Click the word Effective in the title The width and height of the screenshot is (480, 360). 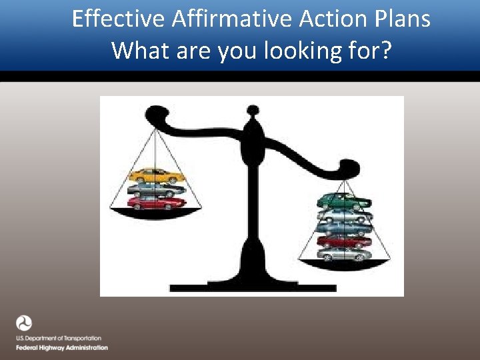(118, 19)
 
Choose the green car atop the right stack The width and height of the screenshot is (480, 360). (344, 200)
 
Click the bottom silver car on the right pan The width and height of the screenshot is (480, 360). (343, 254)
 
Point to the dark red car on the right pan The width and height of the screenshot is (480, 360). (343, 241)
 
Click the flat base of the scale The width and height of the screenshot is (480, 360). (252, 287)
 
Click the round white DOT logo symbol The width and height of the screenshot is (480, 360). (25, 324)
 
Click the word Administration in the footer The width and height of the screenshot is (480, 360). (86, 348)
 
